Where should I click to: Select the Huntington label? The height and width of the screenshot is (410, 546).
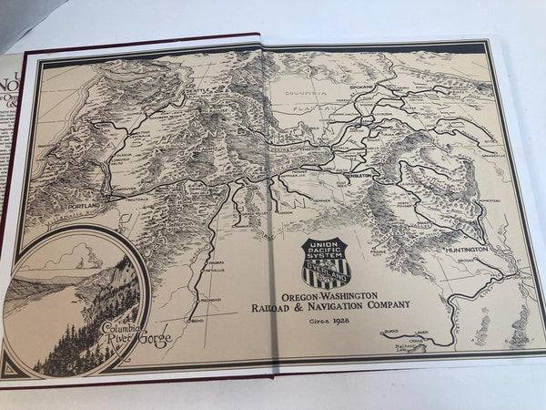[465, 247]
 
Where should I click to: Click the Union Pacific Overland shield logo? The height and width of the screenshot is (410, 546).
[326, 262]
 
